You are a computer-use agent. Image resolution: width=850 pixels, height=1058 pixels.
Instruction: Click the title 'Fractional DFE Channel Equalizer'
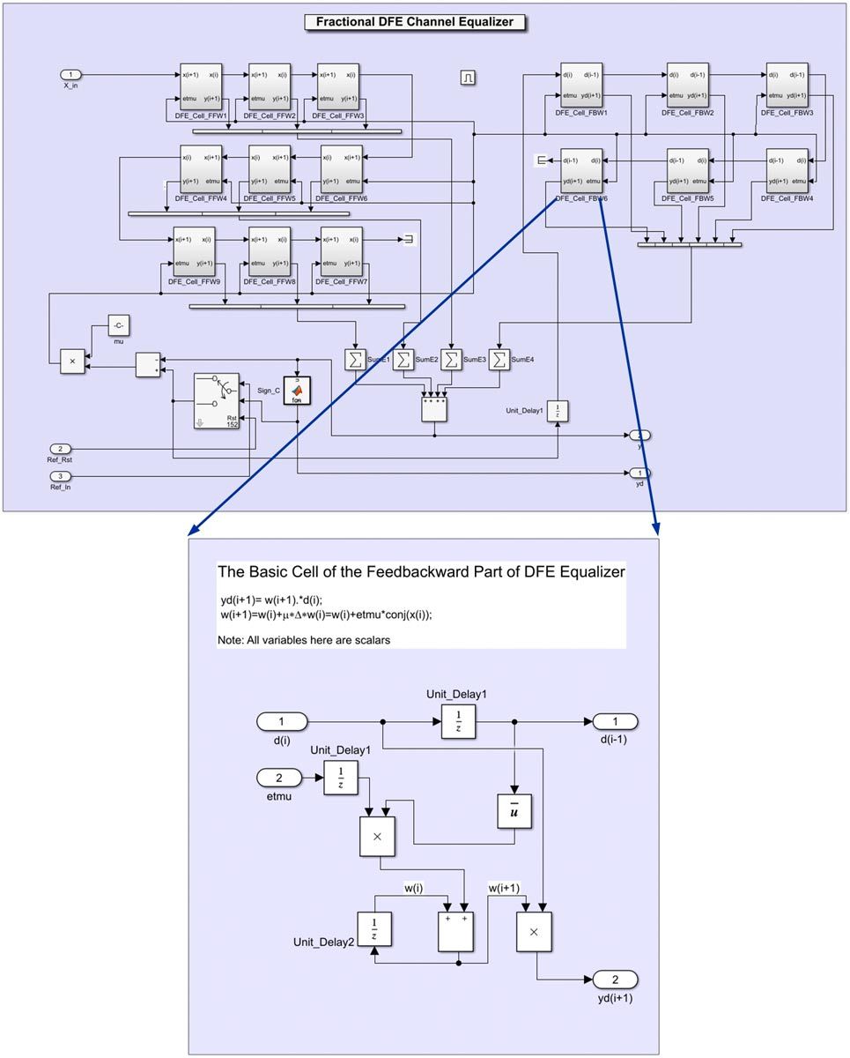(415, 22)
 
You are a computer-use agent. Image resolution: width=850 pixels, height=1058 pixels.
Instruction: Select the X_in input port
(71, 74)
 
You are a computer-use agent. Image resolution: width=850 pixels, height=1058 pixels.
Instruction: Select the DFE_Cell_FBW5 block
(688, 170)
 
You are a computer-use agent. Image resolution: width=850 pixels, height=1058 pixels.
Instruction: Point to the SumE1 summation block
(354, 359)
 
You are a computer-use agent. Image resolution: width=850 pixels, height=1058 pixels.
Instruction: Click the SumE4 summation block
(499, 359)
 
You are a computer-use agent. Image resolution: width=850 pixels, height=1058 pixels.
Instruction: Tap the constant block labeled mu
(119, 325)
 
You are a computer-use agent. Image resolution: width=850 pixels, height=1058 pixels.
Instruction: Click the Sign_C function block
(297, 390)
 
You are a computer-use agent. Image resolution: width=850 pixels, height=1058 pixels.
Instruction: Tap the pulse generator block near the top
(468, 78)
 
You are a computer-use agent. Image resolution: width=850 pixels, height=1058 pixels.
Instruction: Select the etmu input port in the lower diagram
(280, 778)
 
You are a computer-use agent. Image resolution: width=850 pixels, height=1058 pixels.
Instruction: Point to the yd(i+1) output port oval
(615, 980)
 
